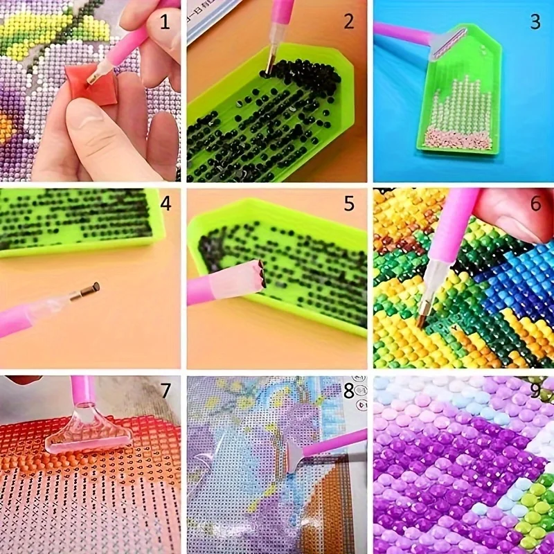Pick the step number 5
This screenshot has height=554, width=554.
pyautogui.click(x=349, y=204)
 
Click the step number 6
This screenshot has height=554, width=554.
pyautogui.click(x=535, y=204)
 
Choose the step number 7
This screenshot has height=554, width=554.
pyautogui.click(x=165, y=391)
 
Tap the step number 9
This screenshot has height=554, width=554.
pyautogui.click(x=535, y=391)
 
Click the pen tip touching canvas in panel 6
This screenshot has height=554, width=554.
pyautogui.click(x=423, y=319)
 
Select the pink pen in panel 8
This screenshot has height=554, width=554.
pyautogui.click(x=329, y=446)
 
